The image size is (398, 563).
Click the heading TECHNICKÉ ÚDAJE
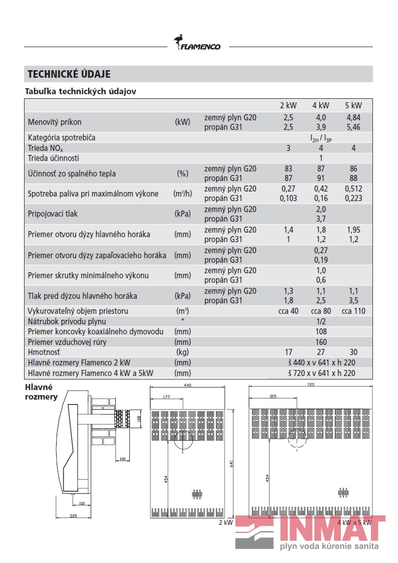coord(69,74)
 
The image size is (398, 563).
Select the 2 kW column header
coord(288,105)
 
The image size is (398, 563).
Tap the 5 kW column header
coord(353,105)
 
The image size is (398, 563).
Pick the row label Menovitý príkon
coord(55,122)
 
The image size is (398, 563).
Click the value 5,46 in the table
coord(353,127)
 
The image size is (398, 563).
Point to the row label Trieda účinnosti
coord(54,158)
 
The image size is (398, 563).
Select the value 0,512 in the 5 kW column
coord(353,189)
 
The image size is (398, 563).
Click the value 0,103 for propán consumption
coord(288,198)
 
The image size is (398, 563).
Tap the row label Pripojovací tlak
coord(53,214)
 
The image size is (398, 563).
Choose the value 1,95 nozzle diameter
coord(353,230)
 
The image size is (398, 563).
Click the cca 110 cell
coord(353,311)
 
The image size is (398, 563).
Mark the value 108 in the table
coord(321,331)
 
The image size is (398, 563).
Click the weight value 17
coord(288,352)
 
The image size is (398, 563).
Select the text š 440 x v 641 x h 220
coord(321,362)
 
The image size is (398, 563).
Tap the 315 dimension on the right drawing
coord(273,397)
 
